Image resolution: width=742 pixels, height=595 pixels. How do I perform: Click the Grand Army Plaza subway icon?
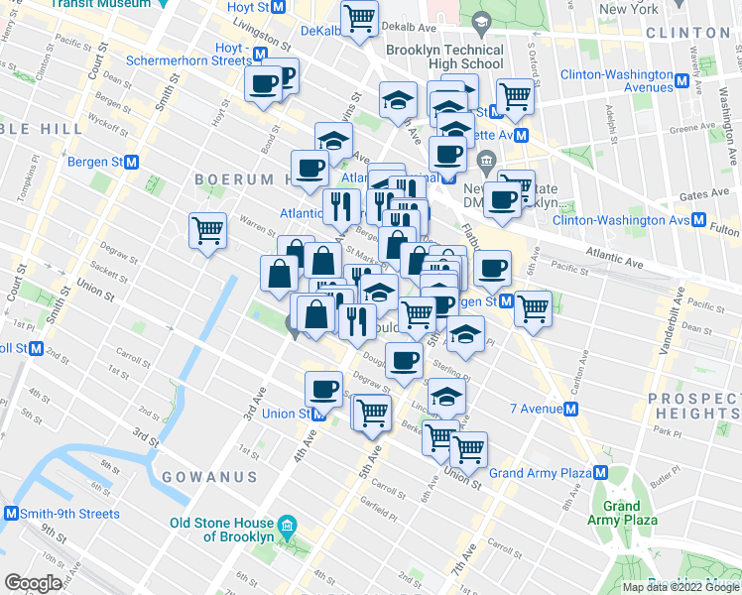point(600,473)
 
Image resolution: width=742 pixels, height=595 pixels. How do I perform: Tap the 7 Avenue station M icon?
point(572,409)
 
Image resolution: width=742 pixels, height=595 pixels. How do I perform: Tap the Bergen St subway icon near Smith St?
point(131,162)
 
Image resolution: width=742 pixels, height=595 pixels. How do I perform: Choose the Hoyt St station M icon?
point(279,7)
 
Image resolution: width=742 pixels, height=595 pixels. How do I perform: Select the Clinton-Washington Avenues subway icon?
point(683,81)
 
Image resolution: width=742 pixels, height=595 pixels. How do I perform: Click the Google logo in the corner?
point(32,583)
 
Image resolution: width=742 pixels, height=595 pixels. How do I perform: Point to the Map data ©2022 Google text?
point(680,587)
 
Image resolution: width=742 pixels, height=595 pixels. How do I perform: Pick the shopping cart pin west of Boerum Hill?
point(208,231)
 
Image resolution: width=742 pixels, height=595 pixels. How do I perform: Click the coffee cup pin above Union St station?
point(322,388)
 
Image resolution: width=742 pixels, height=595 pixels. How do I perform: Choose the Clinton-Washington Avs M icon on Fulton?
point(698,219)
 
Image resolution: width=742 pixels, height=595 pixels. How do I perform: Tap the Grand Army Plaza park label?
point(621,513)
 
